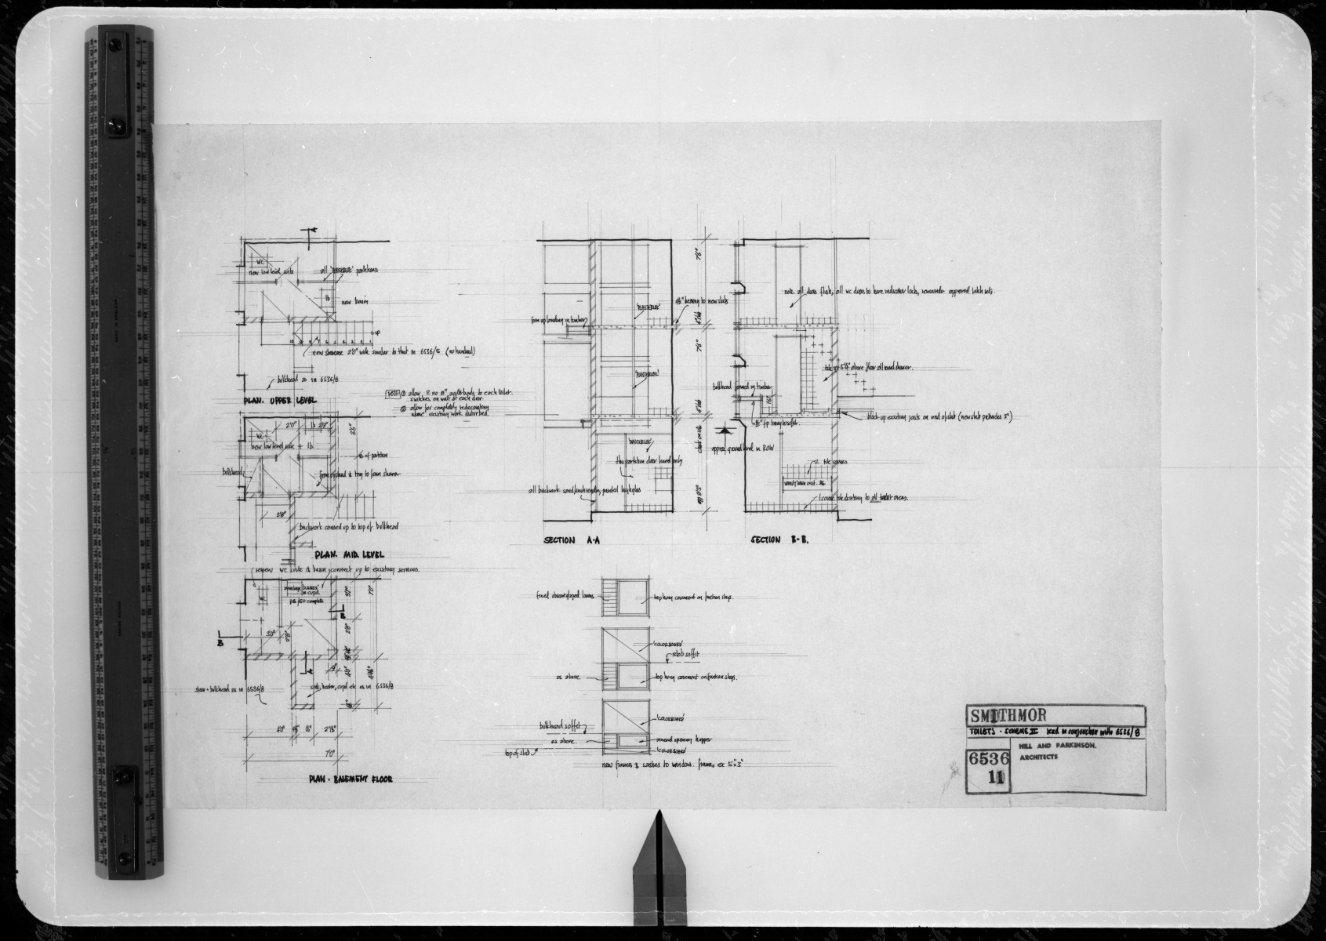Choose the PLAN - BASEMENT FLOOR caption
coord(350,779)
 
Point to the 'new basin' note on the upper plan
coord(355,302)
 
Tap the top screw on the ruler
coord(118,37)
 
